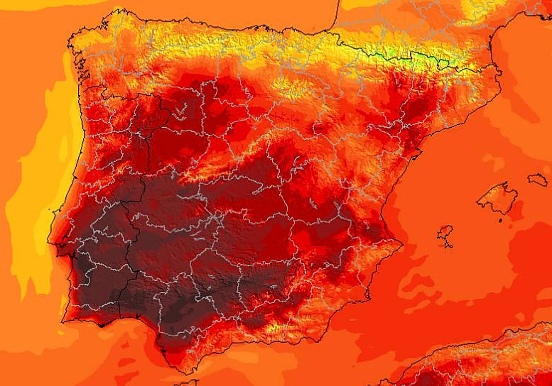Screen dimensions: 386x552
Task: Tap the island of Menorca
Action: pos(538,179)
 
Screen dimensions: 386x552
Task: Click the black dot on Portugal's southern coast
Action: pos(102,325)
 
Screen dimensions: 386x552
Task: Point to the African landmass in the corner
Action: pos(483,363)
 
